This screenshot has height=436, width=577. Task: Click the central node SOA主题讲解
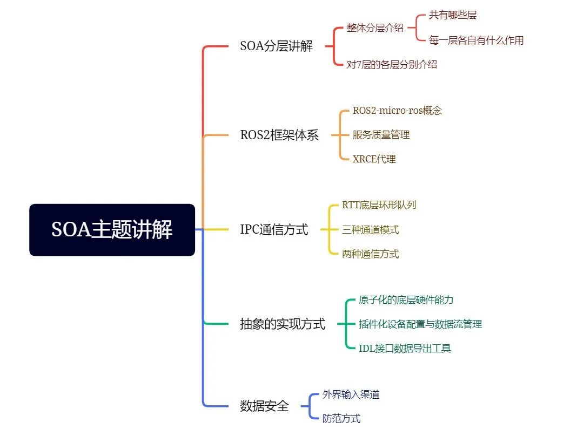tap(112, 230)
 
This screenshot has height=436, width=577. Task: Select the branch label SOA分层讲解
tap(276, 46)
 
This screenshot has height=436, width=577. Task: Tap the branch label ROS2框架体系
tap(279, 135)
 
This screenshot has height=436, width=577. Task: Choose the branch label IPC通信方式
tap(274, 230)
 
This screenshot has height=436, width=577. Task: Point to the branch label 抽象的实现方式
tap(283, 324)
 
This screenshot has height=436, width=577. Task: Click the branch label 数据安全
tap(264, 406)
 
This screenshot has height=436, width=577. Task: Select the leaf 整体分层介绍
tap(375, 28)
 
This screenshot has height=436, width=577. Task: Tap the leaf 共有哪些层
tap(453, 15)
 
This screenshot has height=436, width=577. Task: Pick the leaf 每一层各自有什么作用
tap(476, 40)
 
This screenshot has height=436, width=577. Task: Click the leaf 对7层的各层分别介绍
tap(392, 65)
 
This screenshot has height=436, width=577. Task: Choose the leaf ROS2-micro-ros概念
tap(397, 111)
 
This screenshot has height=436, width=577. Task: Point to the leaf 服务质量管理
tap(381, 135)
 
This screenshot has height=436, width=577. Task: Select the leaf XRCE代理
tap(374, 159)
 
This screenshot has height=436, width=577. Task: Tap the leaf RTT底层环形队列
tap(379, 205)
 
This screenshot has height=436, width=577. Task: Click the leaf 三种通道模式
tap(370, 230)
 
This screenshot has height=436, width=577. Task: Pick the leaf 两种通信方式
tap(370, 254)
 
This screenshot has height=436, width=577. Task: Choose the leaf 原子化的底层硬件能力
tap(402, 300)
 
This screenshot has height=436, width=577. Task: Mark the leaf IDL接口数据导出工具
tap(405, 349)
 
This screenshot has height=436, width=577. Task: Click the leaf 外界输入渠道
tap(351, 394)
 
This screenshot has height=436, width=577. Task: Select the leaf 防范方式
tap(341, 419)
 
